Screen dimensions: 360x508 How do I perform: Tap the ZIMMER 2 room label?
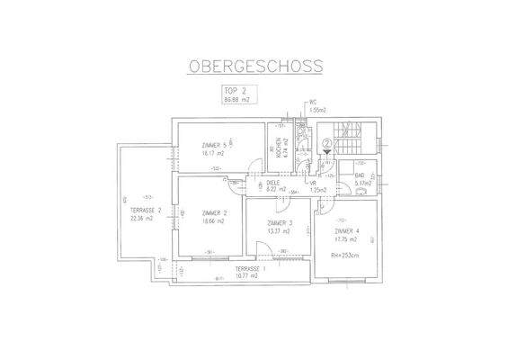click(x=213, y=212)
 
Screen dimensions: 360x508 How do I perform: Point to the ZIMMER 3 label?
click(x=281, y=222)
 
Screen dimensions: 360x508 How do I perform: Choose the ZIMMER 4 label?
click(x=347, y=231)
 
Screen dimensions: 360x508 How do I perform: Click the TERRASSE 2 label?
click(x=145, y=210)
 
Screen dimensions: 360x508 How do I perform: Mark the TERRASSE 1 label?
click(x=251, y=268)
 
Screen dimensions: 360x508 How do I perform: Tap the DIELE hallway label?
click(x=273, y=182)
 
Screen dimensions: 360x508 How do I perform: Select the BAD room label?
click(x=361, y=175)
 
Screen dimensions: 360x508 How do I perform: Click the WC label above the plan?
click(x=314, y=103)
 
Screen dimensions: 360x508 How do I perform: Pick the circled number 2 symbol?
click(x=327, y=143)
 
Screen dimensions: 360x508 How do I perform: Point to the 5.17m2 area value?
click(x=362, y=183)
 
